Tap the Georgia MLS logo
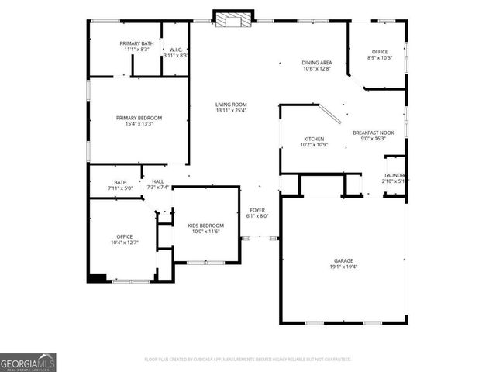(x=28, y=361)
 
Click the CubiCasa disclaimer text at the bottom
(x=247, y=359)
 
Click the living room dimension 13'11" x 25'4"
(x=230, y=110)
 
